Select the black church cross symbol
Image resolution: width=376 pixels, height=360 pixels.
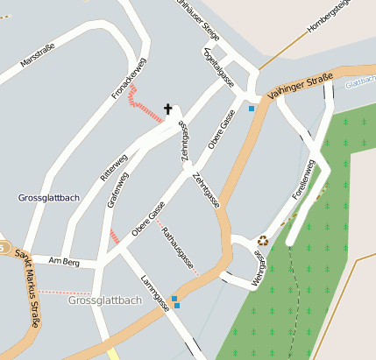pyautogui.click(x=168, y=109)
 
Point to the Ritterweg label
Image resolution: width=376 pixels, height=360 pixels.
pyautogui.click(x=113, y=166)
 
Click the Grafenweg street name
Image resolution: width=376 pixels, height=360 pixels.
pyautogui.click(x=117, y=188)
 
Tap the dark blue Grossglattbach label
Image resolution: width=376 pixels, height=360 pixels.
pyautogui.click(x=48, y=198)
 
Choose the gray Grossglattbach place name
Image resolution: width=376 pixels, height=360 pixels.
pyautogui.click(x=104, y=300)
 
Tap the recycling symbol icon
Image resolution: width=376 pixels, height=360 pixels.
pyautogui.click(x=263, y=240)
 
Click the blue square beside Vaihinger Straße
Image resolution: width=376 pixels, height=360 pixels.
pyautogui.click(x=252, y=109)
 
